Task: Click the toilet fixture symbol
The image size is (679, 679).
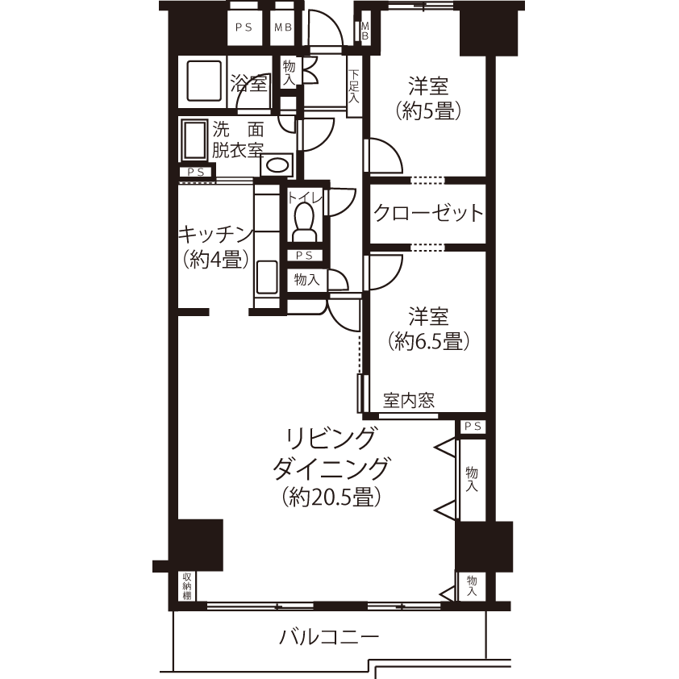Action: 304,223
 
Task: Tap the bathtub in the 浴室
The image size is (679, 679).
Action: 204,81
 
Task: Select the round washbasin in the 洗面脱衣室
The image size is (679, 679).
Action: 277,165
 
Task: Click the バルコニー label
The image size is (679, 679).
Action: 329,637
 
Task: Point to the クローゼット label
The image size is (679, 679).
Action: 428,213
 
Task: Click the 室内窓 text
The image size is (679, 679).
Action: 408,401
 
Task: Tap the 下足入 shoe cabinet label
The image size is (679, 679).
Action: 354,86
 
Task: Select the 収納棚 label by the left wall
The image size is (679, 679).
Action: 187,586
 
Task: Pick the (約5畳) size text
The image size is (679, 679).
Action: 428,112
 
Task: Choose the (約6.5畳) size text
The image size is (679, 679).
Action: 428,342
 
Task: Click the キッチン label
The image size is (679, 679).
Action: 216,235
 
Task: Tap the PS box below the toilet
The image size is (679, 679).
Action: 305,256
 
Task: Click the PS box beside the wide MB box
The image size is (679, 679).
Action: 244,28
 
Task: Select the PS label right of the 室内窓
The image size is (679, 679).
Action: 473,427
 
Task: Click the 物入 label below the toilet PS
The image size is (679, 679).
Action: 307,280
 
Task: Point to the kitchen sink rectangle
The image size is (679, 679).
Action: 267,277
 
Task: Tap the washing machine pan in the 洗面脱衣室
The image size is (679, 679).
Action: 195,140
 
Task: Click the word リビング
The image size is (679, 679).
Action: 330,439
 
